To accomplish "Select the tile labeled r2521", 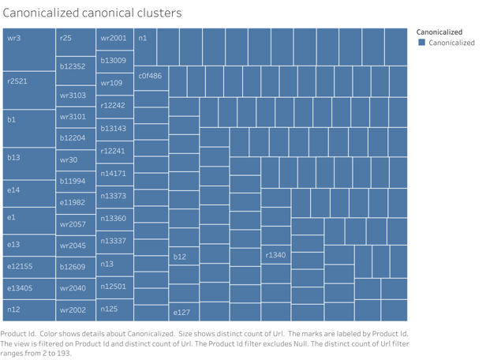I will (x=28, y=89).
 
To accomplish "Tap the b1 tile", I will (x=28, y=127).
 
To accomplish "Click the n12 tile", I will (x=28, y=309).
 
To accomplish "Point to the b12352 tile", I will (x=76, y=67).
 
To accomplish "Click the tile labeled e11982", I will (x=76, y=203).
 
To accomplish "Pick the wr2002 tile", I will (x=76, y=310).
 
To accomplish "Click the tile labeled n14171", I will (x=115, y=173).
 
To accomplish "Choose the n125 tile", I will (x=115, y=309).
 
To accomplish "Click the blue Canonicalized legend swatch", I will (x=422, y=43).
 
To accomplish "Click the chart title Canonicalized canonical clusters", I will (x=92, y=13).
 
